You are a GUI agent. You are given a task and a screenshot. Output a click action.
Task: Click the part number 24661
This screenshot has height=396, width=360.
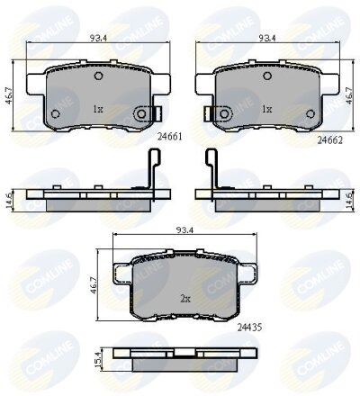point(170,137)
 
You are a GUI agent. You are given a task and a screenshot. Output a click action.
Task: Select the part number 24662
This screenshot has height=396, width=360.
point(330,139)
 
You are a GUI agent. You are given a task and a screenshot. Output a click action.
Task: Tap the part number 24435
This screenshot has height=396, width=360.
point(249,328)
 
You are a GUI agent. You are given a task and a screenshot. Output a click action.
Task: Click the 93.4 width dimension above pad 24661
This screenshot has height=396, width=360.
point(99,38)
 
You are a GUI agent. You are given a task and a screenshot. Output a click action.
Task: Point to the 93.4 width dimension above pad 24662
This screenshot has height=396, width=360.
point(267,38)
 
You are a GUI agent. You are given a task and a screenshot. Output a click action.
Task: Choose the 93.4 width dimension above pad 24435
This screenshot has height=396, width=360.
point(184,230)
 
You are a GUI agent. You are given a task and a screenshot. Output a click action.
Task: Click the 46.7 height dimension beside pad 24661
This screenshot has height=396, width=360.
point(9,96)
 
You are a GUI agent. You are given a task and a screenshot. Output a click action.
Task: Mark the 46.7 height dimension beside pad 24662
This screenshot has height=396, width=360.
point(348,96)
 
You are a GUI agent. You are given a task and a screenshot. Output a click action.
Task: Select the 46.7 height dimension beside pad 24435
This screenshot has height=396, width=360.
point(94,285)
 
